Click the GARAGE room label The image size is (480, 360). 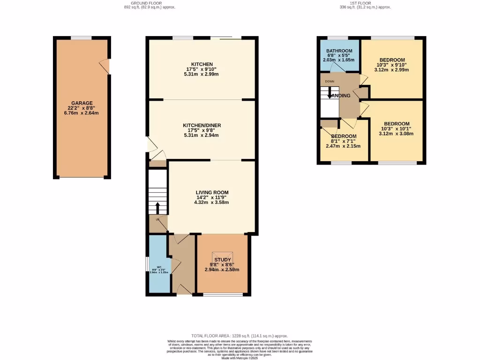coord(82,103)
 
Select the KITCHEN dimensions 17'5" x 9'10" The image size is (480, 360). coord(202,69)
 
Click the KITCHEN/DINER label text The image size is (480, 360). coord(202,125)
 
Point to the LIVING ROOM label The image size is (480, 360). coord(212,192)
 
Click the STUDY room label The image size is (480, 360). coord(222,260)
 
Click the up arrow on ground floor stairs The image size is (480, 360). coord(157,208)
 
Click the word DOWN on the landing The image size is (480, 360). coord(330,81)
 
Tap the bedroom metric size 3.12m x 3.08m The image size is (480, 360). coord(397,134)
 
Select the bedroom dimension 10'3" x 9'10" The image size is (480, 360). coord(392,65)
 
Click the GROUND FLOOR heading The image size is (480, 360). coord(147,3)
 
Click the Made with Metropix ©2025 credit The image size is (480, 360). coord(240,358)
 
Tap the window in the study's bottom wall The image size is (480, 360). coord(223,294)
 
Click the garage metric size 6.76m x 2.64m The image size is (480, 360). coord(82,113)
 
